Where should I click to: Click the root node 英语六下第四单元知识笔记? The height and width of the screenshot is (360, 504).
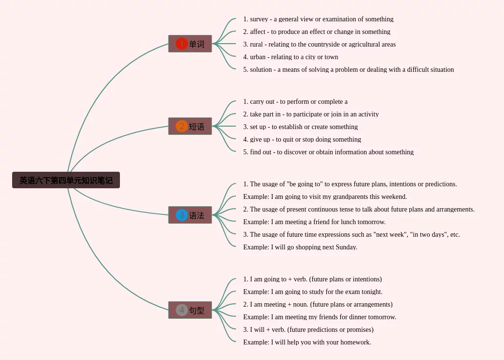[66, 180]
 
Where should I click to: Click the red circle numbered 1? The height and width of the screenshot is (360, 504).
[182, 44]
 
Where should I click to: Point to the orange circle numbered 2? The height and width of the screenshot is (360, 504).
[182, 127]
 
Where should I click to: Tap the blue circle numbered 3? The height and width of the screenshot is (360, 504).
[182, 215]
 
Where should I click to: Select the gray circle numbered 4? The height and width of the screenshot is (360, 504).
[182, 310]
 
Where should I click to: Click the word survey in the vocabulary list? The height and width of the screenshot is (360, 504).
[259, 19]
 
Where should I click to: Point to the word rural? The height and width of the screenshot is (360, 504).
[256, 45]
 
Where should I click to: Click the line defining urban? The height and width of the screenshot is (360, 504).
[290, 57]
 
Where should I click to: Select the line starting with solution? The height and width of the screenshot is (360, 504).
[348, 70]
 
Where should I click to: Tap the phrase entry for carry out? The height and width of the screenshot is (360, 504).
[295, 102]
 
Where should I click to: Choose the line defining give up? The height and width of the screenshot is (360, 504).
[302, 140]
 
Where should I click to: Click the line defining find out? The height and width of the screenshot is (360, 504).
[328, 152]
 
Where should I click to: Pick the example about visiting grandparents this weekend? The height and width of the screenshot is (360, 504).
[325, 197]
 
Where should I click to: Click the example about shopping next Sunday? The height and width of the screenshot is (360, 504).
[300, 247]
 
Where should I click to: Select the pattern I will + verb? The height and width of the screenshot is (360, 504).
[308, 330]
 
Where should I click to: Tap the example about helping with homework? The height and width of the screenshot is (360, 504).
[307, 343]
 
